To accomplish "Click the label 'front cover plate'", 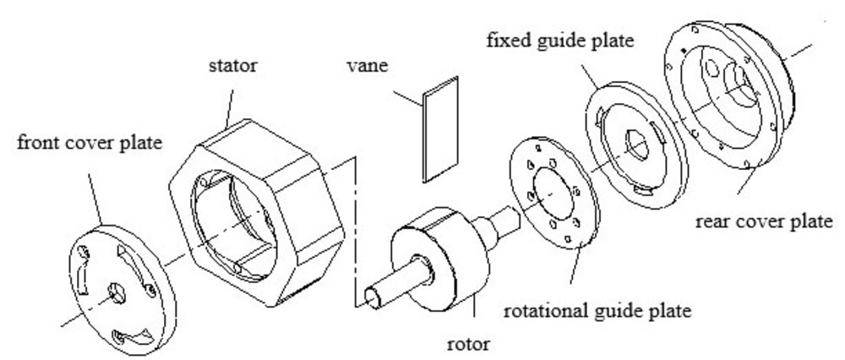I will [x=88, y=142].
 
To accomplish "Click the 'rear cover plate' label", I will [x=762, y=222].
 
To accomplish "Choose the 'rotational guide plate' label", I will [x=597, y=310].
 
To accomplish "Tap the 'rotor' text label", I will [x=471, y=343].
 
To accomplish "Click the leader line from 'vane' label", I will [x=407, y=97].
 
